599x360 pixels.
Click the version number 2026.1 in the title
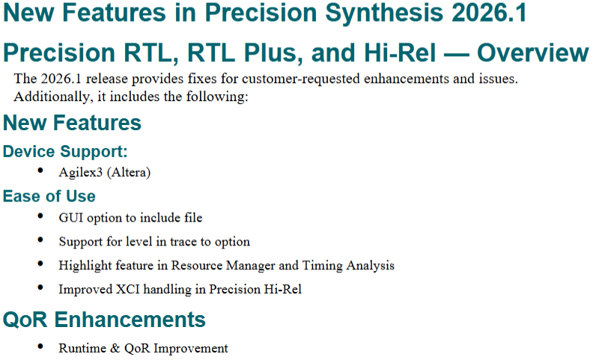tap(489, 13)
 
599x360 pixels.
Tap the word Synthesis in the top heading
tap(384, 13)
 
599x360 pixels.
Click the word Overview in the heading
tap(533, 52)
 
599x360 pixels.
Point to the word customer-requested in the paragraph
tap(301, 79)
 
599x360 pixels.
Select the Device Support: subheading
tap(65, 151)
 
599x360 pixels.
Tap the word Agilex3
tap(81, 173)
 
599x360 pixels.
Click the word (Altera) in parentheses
tap(129, 173)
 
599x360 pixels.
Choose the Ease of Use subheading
tap(49, 196)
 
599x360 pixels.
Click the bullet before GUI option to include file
tap(40, 216)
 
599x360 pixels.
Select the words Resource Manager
tap(223, 266)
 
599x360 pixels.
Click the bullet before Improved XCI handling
tap(40, 287)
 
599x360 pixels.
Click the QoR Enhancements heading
tap(104, 320)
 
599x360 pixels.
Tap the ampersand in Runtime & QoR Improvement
tap(115, 348)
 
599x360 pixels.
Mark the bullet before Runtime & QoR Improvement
tap(40, 347)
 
